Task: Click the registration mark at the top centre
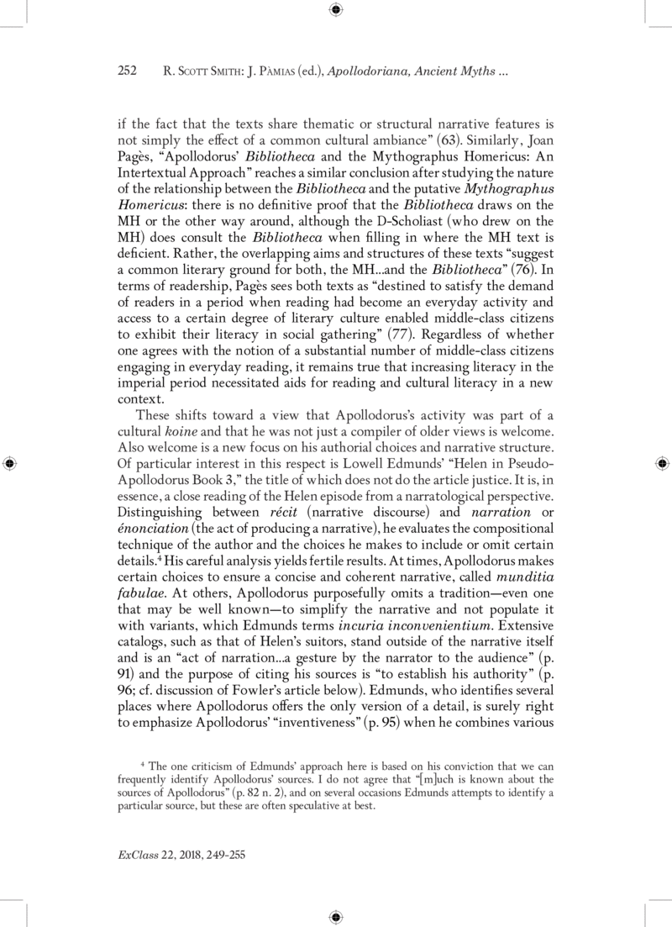pos(335,10)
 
